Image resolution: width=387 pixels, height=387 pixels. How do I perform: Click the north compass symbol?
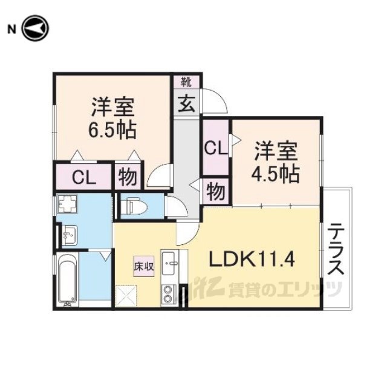(x=35, y=28)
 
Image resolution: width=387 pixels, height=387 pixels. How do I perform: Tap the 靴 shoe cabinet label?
(x=186, y=82)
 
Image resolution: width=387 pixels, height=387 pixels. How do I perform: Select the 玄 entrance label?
(x=187, y=103)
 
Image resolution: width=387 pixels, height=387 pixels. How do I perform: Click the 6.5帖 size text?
(x=112, y=129)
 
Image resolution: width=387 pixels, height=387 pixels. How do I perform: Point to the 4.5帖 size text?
(x=276, y=174)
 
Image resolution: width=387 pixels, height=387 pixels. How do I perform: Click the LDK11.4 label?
(x=252, y=259)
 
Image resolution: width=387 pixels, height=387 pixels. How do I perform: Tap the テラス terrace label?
(x=336, y=249)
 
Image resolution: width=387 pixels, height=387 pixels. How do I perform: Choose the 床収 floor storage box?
(x=144, y=266)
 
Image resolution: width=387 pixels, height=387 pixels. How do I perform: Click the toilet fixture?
(x=134, y=206)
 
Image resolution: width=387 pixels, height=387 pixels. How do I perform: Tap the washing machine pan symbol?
(x=67, y=204)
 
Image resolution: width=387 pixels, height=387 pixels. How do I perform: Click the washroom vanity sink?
(x=70, y=235)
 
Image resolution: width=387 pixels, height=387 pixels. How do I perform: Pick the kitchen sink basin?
(x=169, y=262)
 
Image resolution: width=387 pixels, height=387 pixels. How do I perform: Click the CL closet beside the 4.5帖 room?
(x=216, y=148)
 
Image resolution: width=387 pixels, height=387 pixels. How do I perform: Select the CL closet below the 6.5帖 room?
(x=84, y=176)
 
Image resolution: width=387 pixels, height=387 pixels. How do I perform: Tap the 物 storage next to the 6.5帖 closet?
(x=128, y=176)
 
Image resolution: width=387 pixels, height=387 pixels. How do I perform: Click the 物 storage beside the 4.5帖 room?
(x=216, y=192)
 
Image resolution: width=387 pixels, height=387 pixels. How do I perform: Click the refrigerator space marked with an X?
(x=126, y=296)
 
